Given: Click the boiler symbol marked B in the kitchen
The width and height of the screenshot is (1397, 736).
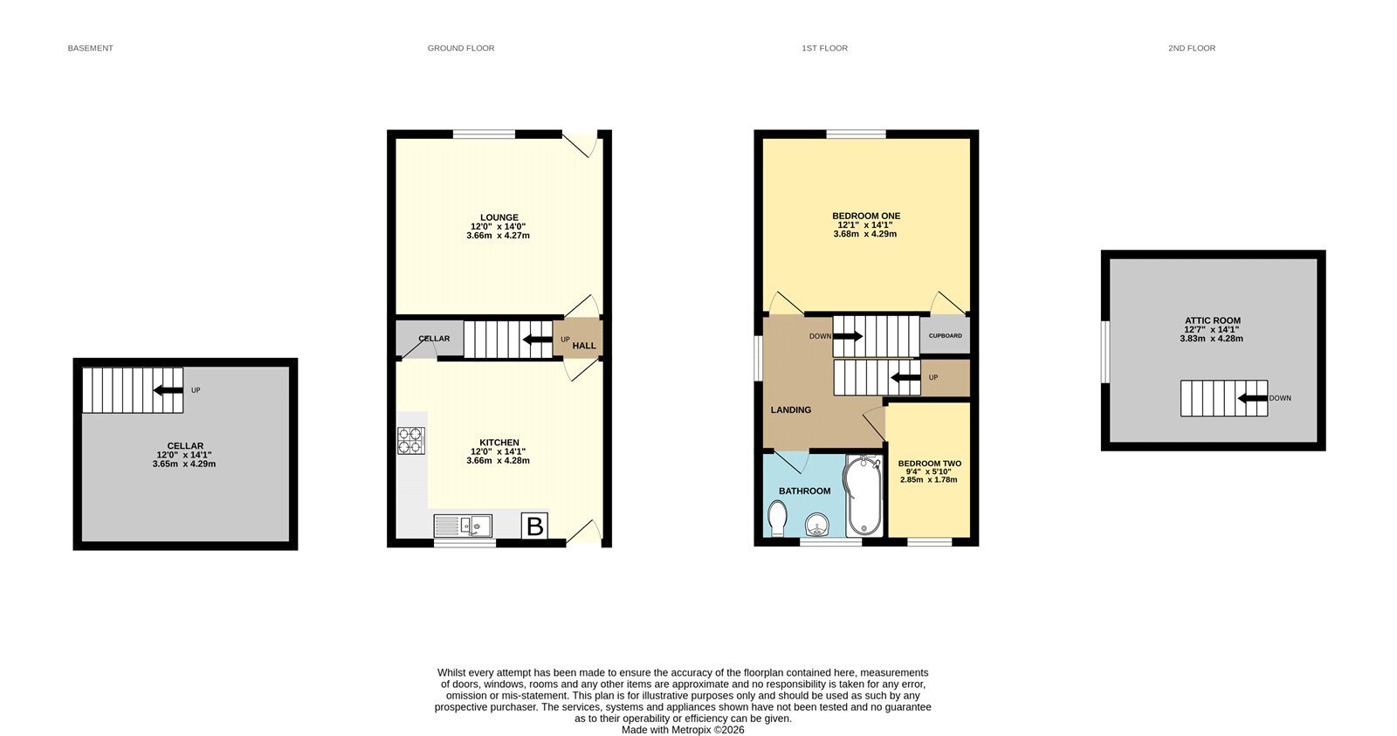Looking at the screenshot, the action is pos(534,526).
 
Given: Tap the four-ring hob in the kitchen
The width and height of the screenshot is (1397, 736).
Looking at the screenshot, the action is pos(411,440).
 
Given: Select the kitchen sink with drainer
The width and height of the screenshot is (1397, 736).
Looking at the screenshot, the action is pos(463,526).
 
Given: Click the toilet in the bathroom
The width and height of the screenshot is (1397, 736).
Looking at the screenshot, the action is pos(777,519).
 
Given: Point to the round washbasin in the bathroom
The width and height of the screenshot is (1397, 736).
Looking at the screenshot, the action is pos(817,525).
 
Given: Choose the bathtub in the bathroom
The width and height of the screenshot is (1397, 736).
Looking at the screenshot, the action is pos(864,495).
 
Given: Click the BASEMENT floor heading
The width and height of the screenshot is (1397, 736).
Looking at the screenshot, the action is pos(91,48).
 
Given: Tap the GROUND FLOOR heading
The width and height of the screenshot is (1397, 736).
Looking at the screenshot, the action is pos(461,48).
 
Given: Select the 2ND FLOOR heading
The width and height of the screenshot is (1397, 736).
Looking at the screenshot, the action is pos(1192,48).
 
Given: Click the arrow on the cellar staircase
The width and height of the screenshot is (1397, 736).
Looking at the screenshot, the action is pos(169,390).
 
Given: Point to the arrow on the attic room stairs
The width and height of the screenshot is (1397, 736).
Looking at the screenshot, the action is pos(1253,398).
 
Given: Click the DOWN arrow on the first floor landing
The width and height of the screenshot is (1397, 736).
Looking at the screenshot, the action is pos(848,336).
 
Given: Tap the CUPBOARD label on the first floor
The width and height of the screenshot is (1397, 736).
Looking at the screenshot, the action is pos(946,335).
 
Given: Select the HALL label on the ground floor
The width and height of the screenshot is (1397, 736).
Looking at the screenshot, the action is pos(584,346).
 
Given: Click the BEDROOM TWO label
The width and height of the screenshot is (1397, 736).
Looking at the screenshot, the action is pos(929,464).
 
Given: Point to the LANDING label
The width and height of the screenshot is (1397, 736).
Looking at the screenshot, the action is pos(791,409).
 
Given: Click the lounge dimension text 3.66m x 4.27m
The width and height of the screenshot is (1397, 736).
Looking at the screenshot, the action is pos(499,236).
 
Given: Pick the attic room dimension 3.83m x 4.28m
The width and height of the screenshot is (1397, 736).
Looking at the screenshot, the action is pos(1211,339).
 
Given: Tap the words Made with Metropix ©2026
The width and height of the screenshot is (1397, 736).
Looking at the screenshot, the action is pos(683,730).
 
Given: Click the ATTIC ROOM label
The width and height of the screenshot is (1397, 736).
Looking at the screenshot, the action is pos(1213,320).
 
